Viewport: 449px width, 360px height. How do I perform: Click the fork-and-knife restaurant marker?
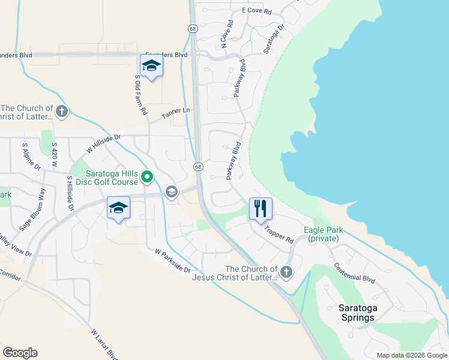coord(261,209)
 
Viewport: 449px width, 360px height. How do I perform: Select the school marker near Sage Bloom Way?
coord(118,208)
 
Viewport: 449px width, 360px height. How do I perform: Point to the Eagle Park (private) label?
coord(324,234)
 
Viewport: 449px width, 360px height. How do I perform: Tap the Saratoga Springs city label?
coord(356,313)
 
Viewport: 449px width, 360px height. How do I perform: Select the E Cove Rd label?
coord(257,11)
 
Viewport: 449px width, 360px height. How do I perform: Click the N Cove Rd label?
coord(226,34)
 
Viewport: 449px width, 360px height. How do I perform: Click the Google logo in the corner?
coord(20,353)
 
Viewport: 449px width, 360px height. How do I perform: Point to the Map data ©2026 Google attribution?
coord(412,355)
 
